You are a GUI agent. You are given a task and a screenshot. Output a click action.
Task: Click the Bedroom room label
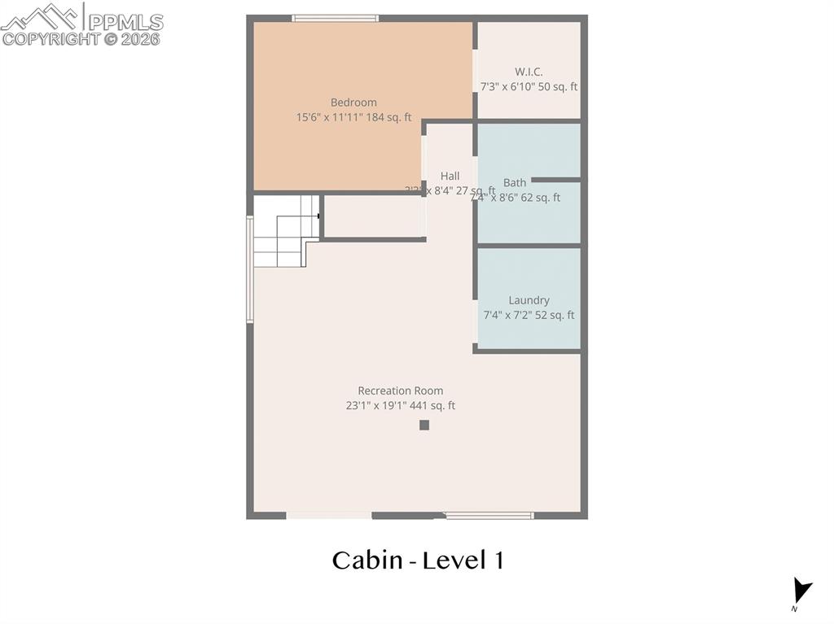(353, 103)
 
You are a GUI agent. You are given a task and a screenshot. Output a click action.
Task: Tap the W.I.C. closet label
(529, 72)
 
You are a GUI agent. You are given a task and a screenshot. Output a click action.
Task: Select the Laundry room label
(529, 300)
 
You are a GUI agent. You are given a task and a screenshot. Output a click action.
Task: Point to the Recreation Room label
(401, 391)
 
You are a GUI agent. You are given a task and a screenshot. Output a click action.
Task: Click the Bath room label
(515, 182)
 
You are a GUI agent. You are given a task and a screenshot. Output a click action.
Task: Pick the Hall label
(450, 176)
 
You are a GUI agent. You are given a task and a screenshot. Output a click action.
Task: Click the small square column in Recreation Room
(424, 425)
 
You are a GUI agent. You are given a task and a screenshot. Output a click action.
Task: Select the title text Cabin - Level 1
(418, 561)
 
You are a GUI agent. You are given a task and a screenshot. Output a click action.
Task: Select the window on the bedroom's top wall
(335, 18)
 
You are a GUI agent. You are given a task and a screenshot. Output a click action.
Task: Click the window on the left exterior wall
(250, 268)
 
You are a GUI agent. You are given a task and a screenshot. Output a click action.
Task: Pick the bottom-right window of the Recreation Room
(489, 515)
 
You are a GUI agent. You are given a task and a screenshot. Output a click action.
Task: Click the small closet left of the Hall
(373, 216)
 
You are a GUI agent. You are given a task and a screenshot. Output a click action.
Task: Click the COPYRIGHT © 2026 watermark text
(81, 39)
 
